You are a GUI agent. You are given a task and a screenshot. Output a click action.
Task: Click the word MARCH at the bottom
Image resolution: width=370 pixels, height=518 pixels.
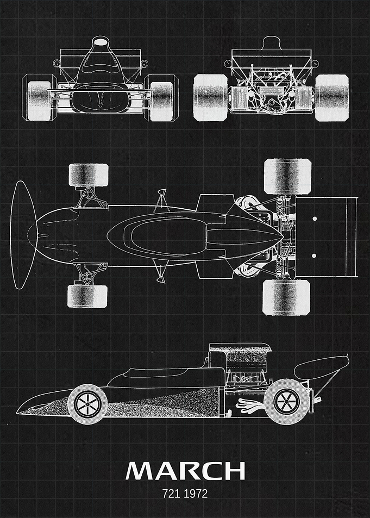click(x=185, y=471)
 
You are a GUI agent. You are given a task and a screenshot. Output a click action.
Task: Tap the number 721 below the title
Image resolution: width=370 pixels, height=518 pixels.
click(x=171, y=494)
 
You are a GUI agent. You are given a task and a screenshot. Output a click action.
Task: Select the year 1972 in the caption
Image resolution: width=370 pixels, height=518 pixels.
click(x=196, y=494)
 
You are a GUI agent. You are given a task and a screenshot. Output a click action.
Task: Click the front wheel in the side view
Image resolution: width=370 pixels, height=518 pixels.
click(x=87, y=404)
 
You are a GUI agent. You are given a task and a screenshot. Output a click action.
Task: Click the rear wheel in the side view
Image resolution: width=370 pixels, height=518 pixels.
click(x=287, y=402)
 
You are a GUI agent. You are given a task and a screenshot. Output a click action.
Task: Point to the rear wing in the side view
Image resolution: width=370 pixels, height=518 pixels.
click(x=321, y=367)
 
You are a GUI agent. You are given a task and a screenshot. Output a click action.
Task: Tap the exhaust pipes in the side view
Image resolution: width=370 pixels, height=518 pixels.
click(x=249, y=405)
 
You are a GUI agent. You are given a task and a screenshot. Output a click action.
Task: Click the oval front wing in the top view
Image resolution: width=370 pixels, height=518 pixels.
click(x=23, y=235)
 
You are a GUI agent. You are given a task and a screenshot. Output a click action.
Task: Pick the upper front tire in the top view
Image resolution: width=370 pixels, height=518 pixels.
click(x=89, y=175)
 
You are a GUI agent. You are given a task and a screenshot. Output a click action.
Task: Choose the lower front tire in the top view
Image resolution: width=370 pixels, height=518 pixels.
click(x=87, y=296)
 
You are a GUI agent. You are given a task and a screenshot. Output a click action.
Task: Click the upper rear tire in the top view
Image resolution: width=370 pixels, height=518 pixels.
click(x=287, y=176)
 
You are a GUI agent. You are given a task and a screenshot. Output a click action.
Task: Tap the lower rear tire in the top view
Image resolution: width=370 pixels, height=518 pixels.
click(x=286, y=297)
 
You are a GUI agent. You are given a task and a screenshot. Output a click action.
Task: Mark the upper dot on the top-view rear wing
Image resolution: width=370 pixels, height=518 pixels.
click(x=315, y=219)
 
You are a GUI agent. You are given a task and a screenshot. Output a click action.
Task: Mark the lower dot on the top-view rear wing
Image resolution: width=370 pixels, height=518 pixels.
click(x=314, y=255)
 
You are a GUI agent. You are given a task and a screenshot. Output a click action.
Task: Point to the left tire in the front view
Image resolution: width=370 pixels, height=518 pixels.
click(x=39, y=97)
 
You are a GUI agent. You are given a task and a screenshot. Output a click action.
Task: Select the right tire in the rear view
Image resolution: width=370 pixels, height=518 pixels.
click(x=332, y=98)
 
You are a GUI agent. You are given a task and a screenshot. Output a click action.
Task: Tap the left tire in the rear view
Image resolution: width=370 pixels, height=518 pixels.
click(x=210, y=97)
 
